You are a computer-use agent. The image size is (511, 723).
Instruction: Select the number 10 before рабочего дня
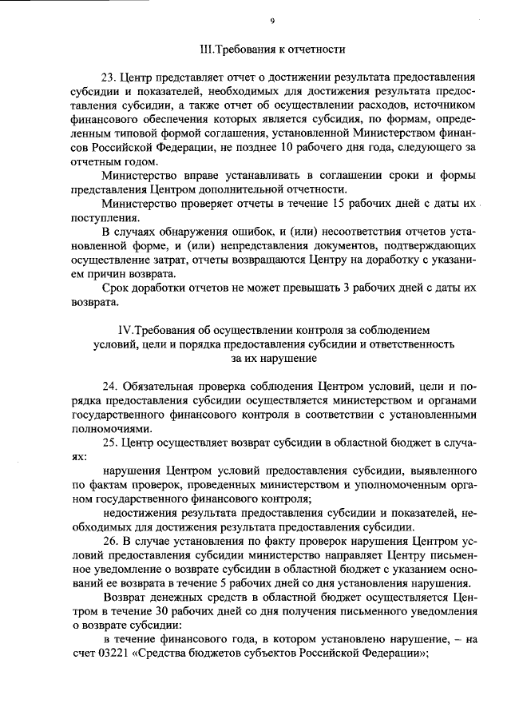355,147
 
